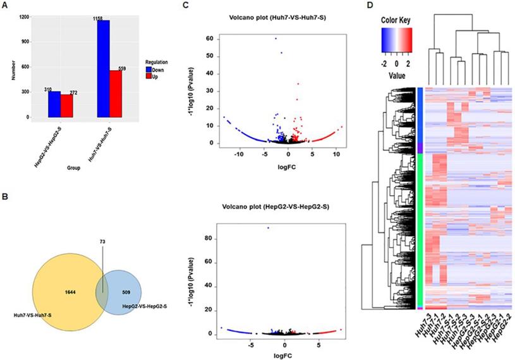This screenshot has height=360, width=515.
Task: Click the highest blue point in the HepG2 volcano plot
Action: pyautogui.click(x=268, y=227)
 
